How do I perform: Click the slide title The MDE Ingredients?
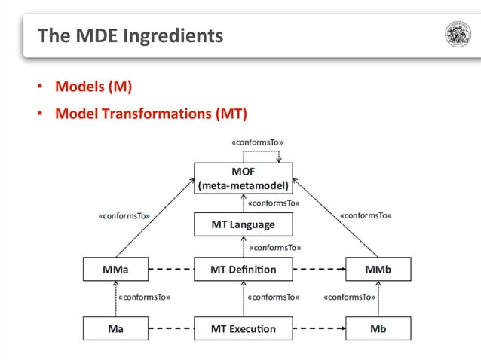coord(130,35)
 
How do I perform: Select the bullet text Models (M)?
coord(93,87)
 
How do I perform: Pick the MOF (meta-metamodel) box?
coord(243,178)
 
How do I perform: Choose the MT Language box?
coord(243,224)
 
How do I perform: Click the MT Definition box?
coord(243,269)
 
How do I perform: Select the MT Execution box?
coord(243,328)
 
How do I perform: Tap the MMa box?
coord(115,269)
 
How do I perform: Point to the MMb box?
coord(378,269)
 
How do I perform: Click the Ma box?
coord(115,328)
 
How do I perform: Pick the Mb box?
coord(378,328)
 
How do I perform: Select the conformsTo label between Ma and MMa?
coord(145,297)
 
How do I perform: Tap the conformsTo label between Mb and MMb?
coord(350,297)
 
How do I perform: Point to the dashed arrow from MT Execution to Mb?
coord(318,328)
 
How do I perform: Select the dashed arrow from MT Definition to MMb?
coord(318,269)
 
